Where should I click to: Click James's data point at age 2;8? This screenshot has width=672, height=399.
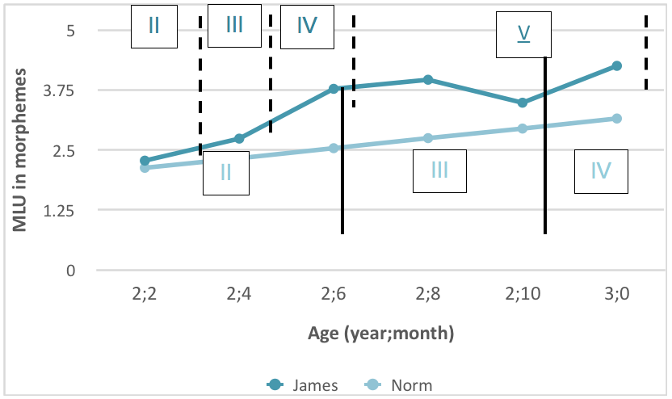click(428, 79)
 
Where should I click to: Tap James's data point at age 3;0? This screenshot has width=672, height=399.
click(617, 65)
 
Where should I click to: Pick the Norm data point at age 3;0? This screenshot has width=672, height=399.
click(617, 119)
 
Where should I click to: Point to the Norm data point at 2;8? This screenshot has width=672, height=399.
click(428, 138)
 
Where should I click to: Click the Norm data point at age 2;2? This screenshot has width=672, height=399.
click(145, 168)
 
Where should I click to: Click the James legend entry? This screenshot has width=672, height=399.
click(304, 385)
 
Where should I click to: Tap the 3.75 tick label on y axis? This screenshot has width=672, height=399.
click(59, 90)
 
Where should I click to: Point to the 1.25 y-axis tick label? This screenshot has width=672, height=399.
click(59, 211)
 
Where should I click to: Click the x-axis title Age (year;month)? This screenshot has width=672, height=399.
click(380, 332)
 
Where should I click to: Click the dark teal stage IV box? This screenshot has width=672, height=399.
click(306, 25)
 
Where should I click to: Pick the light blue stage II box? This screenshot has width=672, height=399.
click(225, 171)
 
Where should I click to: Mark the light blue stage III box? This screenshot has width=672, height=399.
click(439, 170)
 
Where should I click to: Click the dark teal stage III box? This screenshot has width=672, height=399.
click(234, 25)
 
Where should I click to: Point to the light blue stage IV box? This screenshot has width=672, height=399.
click(600, 170)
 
